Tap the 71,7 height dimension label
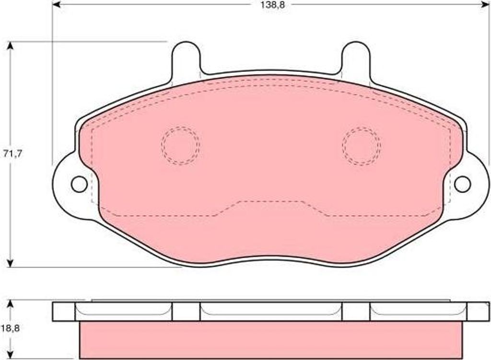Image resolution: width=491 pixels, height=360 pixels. point(12,154)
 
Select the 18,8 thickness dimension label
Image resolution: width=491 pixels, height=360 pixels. point(11,328)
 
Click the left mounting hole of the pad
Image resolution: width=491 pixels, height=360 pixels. point(79,184)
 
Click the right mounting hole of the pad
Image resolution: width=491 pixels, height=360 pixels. point(463,184)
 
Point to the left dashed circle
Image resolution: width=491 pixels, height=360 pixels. point(180,146)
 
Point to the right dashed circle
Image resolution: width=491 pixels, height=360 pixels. point(362,146)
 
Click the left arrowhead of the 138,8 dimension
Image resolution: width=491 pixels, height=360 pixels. point(57,5)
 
